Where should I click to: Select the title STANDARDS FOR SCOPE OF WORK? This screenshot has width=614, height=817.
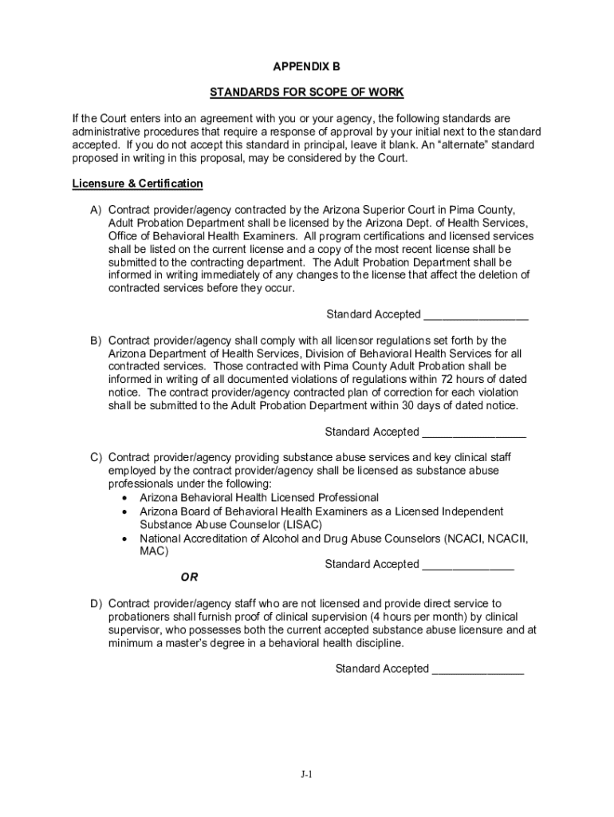(307, 93)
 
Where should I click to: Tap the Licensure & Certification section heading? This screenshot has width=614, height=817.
(137, 184)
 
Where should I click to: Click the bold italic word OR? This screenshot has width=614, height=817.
(190, 577)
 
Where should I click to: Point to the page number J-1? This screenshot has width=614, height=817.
(307, 774)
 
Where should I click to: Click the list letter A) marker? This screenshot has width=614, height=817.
(95, 210)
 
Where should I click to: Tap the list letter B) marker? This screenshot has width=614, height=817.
(95, 341)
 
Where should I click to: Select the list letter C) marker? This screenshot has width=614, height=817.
(95, 458)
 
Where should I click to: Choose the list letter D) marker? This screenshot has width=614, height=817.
(95, 604)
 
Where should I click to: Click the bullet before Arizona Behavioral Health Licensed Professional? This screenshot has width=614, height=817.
(126, 498)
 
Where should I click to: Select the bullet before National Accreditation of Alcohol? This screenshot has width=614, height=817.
(126, 539)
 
